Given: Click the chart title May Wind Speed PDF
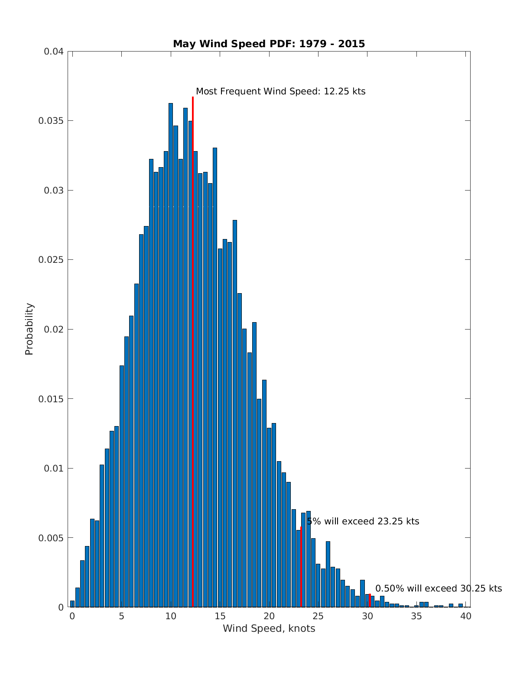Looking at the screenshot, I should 269,44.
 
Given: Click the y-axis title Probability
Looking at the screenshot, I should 29,329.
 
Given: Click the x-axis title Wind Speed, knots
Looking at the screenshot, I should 269,628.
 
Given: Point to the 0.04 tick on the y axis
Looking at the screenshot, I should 54,52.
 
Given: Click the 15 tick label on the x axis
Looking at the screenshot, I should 220,616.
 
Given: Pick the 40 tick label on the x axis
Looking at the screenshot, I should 466,616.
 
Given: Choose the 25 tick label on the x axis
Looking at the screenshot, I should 318,616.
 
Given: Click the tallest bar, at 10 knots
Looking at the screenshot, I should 171,355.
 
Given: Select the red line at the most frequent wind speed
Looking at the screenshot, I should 193,346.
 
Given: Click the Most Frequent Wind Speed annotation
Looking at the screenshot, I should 280,91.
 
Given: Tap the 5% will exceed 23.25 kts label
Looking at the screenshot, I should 363,521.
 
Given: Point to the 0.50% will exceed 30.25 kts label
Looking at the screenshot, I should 438,588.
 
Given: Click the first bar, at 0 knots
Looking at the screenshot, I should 72,604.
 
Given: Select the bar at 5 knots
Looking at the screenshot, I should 122,485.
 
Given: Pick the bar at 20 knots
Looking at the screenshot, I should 269,517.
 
